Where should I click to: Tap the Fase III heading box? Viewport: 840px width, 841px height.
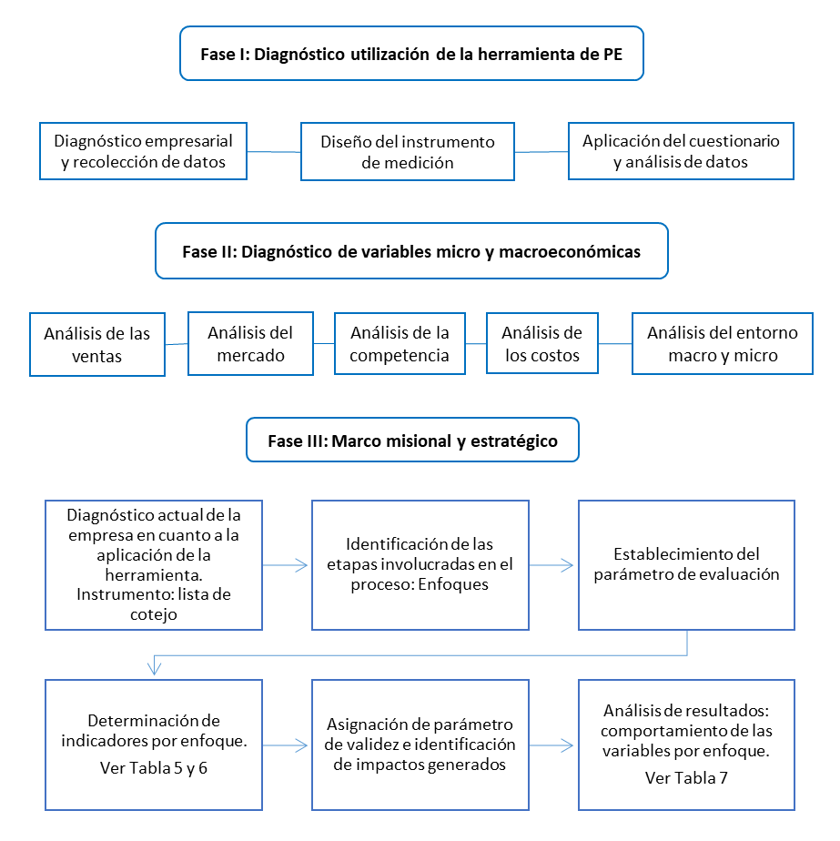tap(412, 441)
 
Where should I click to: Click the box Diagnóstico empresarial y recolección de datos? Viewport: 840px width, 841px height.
tap(144, 152)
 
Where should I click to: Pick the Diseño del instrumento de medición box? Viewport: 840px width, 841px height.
tap(407, 152)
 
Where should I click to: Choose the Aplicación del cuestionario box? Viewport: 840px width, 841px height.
tap(681, 151)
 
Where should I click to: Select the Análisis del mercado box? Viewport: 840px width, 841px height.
tap(250, 344)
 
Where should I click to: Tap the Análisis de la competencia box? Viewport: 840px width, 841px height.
tap(400, 344)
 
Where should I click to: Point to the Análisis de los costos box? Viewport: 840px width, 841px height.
tap(541, 344)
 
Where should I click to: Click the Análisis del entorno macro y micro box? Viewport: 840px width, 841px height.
tap(722, 344)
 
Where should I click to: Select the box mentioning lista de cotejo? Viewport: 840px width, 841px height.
tap(154, 564)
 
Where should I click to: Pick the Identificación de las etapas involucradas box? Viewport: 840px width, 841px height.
tap(420, 564)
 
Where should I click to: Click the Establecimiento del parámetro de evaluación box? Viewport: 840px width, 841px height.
tap(686, 564)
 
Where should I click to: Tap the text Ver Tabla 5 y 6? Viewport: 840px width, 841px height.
tap(154, 767)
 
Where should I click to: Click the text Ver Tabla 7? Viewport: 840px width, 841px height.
tap(686, 777)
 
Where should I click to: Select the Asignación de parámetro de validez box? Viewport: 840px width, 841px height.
tap(420, 745)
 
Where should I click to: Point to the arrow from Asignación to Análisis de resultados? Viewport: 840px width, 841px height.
tap(552, 745)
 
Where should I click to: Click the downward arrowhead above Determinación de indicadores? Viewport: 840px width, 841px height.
tap(155, 669)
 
